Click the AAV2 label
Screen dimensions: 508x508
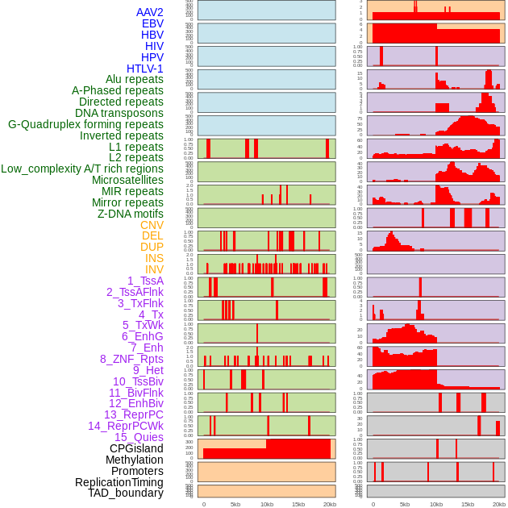pos(150,12)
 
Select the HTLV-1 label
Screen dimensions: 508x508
pos(145,69)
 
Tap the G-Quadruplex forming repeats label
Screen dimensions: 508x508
pos(85,124)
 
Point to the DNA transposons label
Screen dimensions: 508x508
pos(119,113)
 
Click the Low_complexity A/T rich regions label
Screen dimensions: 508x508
pos(82,169)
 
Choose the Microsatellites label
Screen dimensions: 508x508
pos(127,180)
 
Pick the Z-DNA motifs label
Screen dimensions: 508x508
pos(130,214)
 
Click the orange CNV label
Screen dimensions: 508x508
pos(152,225)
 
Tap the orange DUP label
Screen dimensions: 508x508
pos(152,247)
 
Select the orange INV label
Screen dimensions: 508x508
pos(154,269)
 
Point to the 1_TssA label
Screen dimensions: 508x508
pos(145,281)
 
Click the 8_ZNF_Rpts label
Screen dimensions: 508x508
pos(131,359)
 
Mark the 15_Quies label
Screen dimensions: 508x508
pos(139,437)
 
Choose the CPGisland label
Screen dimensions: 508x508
pos(136,448)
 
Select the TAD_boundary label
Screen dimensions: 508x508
pos(126,493)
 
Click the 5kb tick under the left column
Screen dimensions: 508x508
pos(235,504)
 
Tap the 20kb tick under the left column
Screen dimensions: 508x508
pos(330,504)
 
